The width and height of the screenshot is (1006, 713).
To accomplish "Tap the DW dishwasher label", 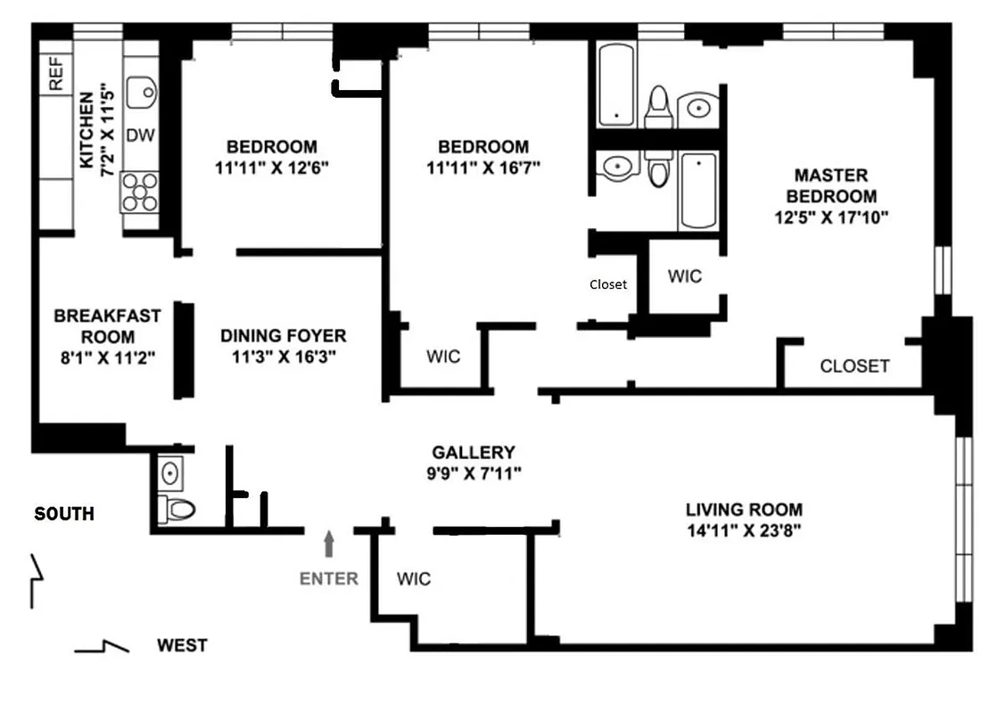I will (x=138, y=135).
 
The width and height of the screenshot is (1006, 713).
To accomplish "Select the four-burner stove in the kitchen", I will (x=138, y=192).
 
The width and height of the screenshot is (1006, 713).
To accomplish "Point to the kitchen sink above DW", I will (x=141, y=91).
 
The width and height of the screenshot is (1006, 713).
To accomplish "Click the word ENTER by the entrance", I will (x=328, y=578).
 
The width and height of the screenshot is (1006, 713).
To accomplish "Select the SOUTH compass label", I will (x=63, y=514).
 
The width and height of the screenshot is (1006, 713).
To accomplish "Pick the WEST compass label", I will (x=182, y=645).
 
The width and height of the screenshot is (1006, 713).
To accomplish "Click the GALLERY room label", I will (x=473, y=453).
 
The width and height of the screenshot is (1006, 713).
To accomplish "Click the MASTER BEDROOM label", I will (x=831, y=185).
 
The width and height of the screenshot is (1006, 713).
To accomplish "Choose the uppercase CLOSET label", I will (x=853, y=366).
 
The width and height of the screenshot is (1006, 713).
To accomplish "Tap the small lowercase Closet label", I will (x=608, y=285).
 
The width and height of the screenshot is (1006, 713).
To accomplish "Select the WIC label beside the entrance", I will (x=414, y=579).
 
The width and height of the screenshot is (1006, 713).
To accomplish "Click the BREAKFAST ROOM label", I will (x=107, y=326).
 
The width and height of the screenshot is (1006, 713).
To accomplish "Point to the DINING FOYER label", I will (x=283, y=336).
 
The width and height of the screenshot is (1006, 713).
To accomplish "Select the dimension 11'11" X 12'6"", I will (x=272, y=167).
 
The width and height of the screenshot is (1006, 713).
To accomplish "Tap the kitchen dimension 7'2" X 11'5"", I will (x=107, y=130).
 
